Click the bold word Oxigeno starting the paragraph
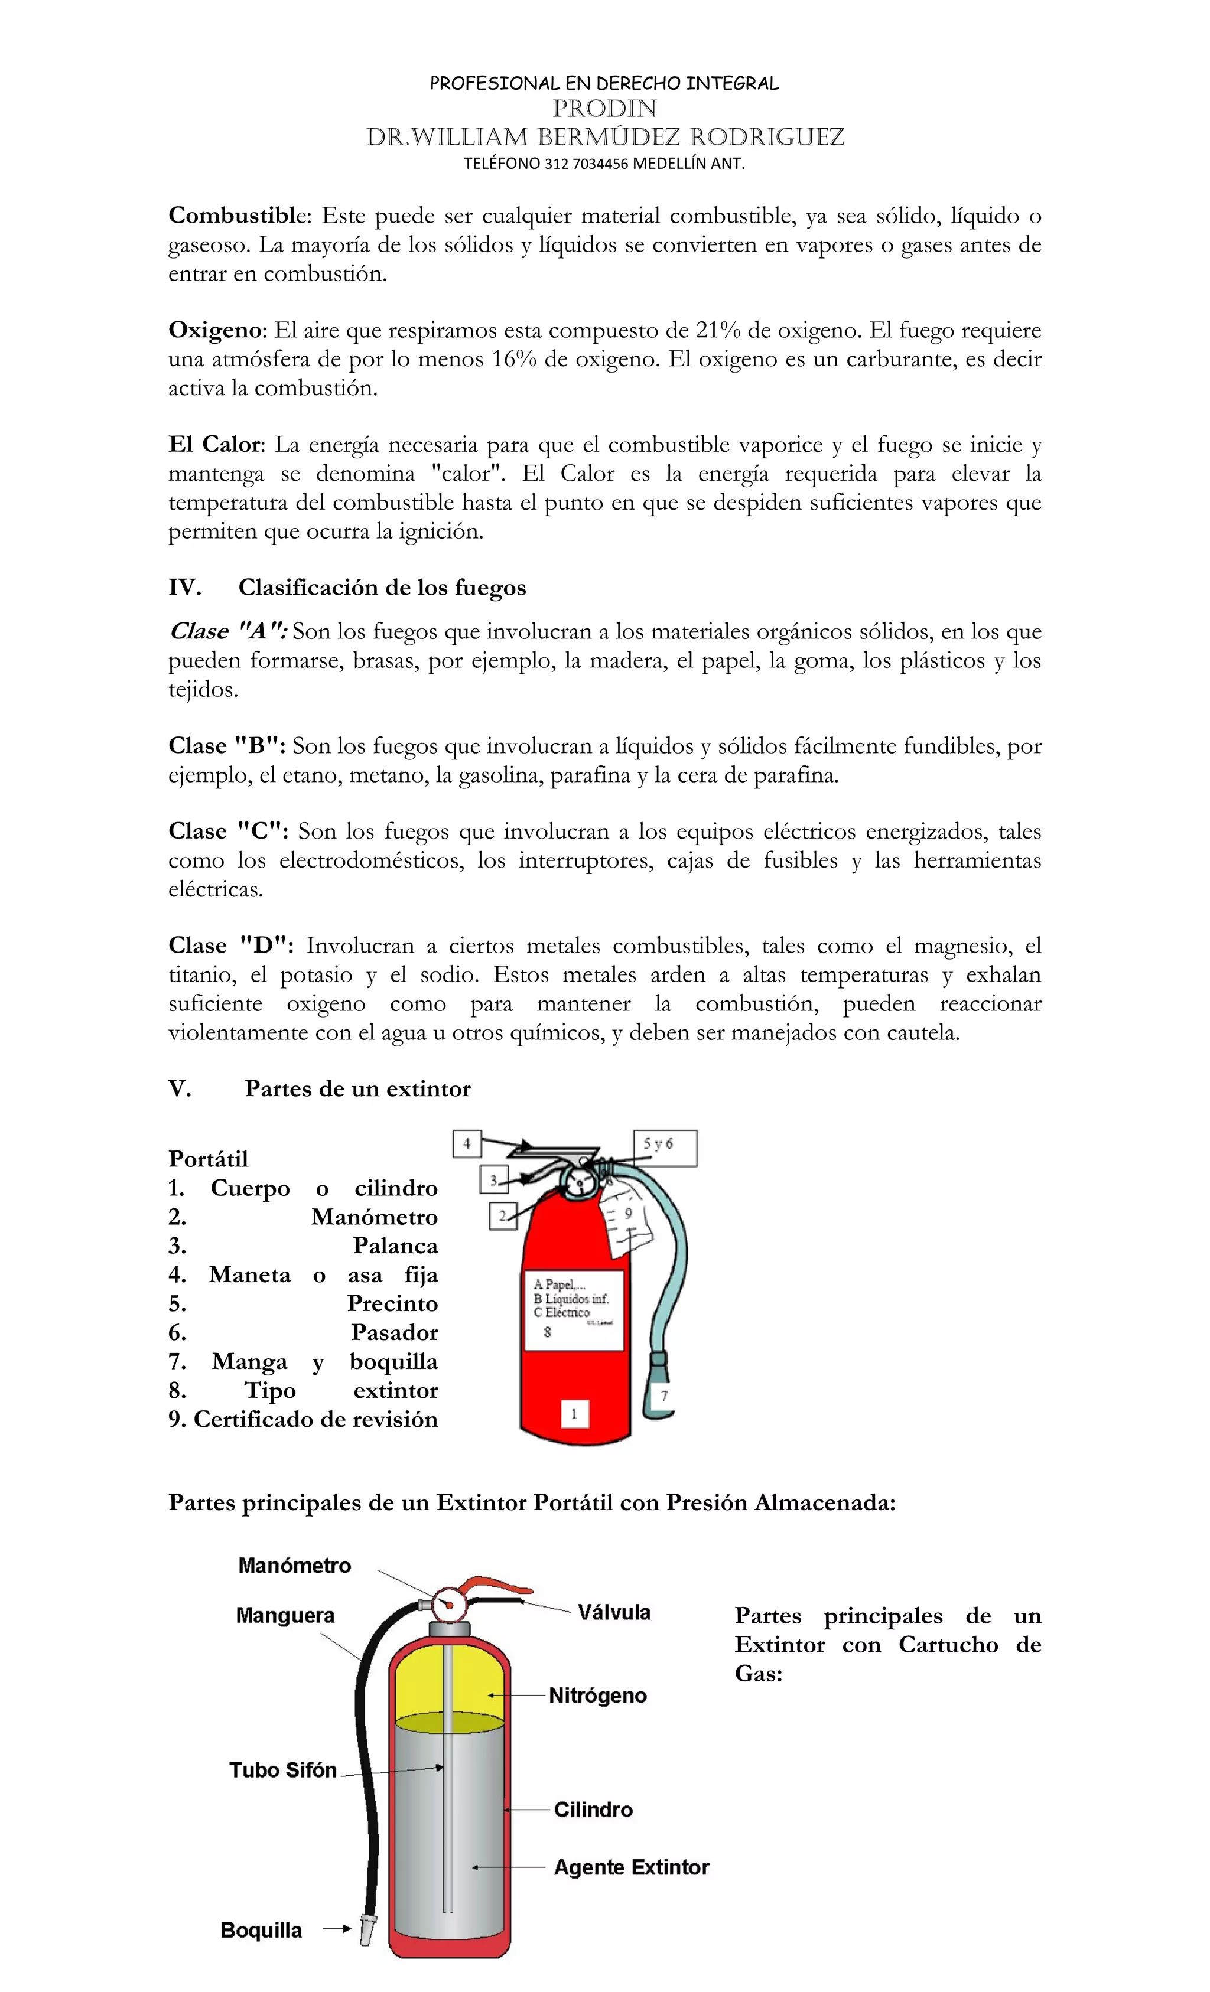pyautogui.click(x=214, y=330)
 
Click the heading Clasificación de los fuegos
pyautogui.click(x=382, y=587)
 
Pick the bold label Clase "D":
pyautogui.click(x=230, y=945)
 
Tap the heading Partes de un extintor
pyautogui.click(x=357, y=1088)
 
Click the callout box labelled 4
pyautogui.click(x=467, y=1143)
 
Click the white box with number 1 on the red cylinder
pyautogui.click(x=574, y=1413)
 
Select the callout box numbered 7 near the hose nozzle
pyautogui.click(x=663, y=1396)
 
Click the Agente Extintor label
pyautogui.click(x=631, y=1867)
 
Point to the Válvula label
pyautogui.click(x=614, y=1612)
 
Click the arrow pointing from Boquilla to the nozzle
pyautogui.click(x=336, y=1929)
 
